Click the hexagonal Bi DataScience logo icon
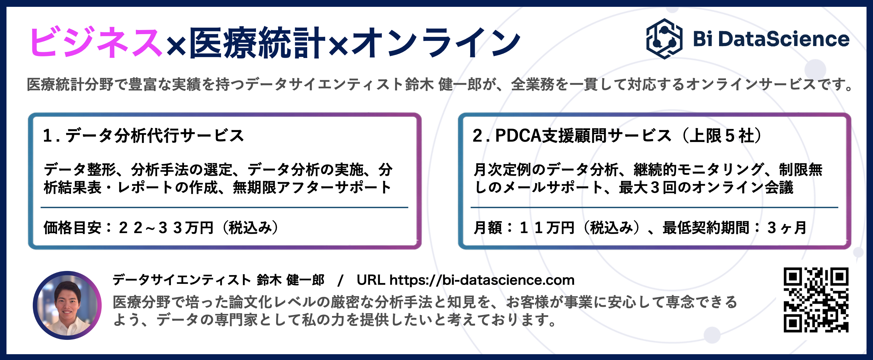pos(664,39)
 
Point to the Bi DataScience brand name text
pos(771,39)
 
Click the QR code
pos(816,300)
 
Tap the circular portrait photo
pos(67,305)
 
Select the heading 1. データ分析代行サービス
pos(143,135)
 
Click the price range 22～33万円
pos(166,228)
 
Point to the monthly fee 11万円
pos(547,228)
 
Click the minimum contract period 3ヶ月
pos(787,228)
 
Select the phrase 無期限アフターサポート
pos(312,187)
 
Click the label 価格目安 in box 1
pos(72,228)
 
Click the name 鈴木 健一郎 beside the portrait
pos(290,280)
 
